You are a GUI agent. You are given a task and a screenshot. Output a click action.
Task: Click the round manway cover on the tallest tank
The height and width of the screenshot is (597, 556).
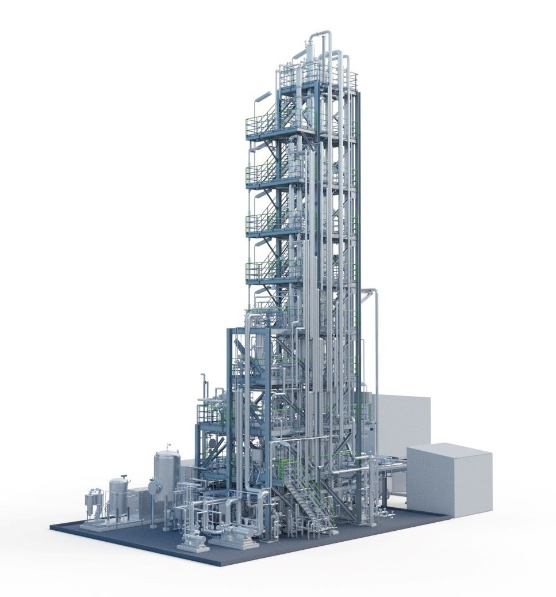tap(153, 487)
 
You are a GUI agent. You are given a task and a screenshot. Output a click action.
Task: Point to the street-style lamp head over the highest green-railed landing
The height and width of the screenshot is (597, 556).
tap(263, 95)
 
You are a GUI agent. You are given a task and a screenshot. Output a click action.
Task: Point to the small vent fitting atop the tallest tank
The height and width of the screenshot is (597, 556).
tap(168, 446)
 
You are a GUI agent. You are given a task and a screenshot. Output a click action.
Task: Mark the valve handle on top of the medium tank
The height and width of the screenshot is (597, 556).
tap(120, 477)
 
